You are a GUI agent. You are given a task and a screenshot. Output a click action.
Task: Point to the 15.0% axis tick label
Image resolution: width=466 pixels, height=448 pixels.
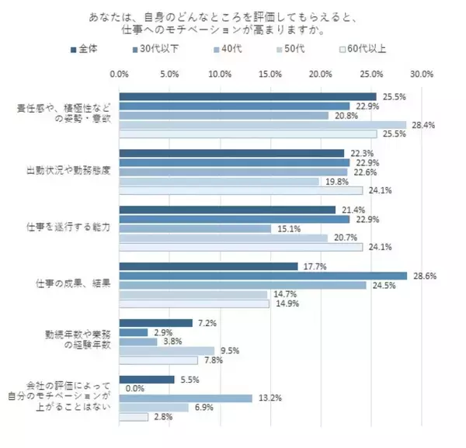(x=270, y=75)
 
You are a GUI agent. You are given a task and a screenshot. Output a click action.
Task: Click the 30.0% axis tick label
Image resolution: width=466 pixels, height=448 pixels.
(x=421, y=75)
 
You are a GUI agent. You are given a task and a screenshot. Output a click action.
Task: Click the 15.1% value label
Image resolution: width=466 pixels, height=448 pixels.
(x=285, y=228)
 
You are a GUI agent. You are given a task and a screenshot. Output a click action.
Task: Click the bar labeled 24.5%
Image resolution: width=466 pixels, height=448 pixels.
(x=242, y=285)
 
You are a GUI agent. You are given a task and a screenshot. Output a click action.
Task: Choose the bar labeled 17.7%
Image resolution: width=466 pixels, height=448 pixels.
(x=208, y=266)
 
